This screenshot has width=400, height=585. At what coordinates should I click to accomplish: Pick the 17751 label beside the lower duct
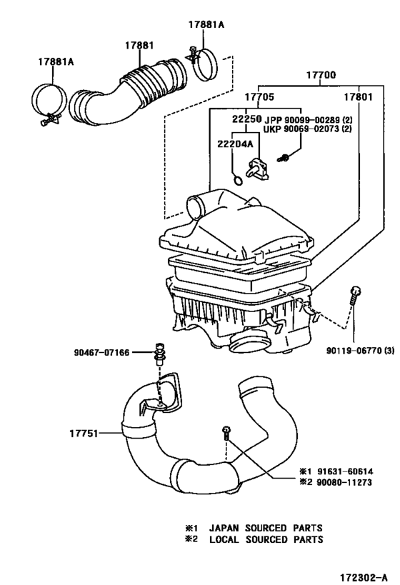85,432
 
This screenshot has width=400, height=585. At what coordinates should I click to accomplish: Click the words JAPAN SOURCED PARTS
265,528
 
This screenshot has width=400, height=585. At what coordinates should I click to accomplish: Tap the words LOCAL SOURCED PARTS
265,539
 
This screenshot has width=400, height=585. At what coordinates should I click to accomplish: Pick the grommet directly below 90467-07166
161,354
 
